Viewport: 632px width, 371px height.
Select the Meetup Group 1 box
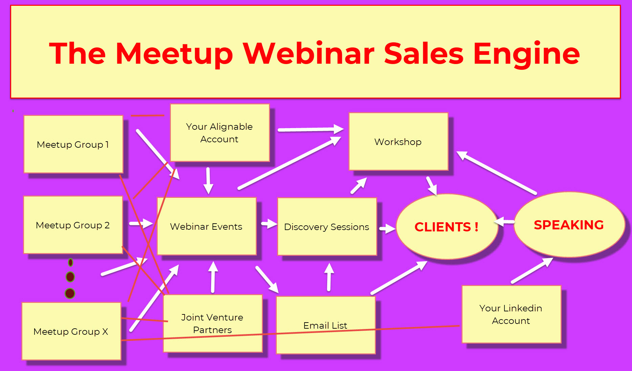point(73,144)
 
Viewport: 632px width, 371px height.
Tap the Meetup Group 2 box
point(73,225)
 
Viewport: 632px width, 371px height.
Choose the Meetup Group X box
point(71,331)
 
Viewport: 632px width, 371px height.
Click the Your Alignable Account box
point(220,133)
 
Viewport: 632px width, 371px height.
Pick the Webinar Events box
point(207,226)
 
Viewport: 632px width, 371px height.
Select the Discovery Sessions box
point(327,227)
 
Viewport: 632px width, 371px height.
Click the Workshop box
point(399,141)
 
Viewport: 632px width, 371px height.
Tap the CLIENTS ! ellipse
point(447,227)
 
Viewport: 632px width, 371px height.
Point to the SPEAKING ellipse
point(569,225)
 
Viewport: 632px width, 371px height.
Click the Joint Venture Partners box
point(213,324)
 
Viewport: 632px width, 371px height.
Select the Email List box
point(326,325)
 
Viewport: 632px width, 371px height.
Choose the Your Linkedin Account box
point(512,314)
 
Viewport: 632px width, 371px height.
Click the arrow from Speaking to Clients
point(504,222)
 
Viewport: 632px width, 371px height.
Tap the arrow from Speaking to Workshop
point(496,172)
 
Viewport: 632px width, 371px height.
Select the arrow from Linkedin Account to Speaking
point(532,270)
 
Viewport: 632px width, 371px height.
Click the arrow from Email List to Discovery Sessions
point(329,277)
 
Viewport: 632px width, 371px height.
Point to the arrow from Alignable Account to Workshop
point(311,129)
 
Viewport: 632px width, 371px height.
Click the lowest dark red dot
point(70,293)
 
